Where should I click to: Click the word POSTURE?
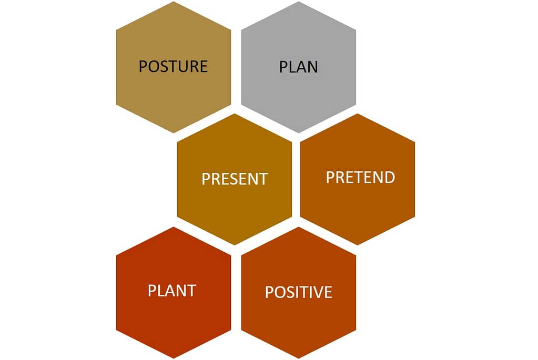coord(173,66)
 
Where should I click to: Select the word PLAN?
coord(299,67)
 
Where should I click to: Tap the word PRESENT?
coord(235,179)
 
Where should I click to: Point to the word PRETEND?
coord(360,177)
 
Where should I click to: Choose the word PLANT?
coord(172,291)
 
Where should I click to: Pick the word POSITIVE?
coord(299,292)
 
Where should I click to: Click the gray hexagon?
coord(299,67)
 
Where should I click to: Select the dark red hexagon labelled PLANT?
coord(174,292)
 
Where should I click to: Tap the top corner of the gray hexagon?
coord(299,2)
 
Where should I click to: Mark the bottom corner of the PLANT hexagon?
coord(174,358)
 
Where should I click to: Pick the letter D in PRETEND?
coord(389,177)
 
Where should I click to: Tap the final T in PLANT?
coord(191,291)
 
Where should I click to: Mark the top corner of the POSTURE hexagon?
coord(174,2)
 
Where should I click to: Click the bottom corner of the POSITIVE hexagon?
coord(299,358)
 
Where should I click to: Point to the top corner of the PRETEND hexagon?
coord(358,114)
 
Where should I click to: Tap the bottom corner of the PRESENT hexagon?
coord(235,245)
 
